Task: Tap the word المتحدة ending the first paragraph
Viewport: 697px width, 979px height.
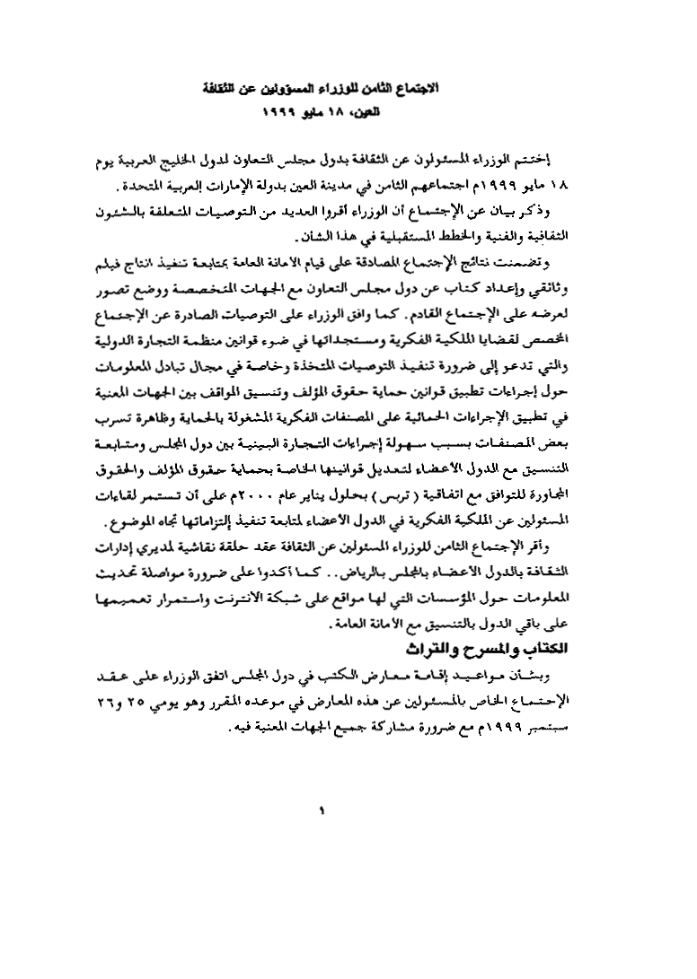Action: [141, 188]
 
